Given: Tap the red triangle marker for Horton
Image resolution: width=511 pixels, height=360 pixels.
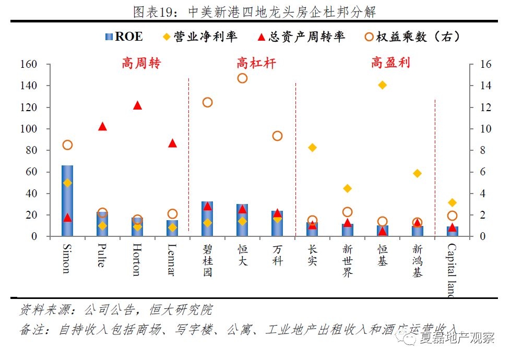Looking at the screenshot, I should click(x=137, y=105).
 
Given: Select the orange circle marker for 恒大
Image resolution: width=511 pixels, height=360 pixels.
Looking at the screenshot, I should click(x=242, y=78).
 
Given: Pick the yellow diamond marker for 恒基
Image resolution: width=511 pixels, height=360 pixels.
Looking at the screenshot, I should click(x=382, y=85).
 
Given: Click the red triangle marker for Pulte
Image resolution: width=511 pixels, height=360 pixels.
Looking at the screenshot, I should click(x=102, y=126).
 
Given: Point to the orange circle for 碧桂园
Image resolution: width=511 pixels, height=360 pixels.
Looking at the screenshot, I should click(x=207, y=102).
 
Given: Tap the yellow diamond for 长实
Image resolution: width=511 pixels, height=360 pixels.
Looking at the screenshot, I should click(x=312, y=148).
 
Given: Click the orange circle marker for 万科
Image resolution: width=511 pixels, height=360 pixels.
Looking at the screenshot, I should click(x=277, y=136).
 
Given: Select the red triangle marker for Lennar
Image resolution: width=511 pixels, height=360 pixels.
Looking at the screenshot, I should click(x=172, y=143).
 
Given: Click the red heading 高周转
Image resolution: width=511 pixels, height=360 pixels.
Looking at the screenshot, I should click(x=141, y=63).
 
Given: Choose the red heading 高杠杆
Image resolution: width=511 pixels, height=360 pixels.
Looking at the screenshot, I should click(x=256, y=63).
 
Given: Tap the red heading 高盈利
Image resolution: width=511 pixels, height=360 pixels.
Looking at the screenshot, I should click(x=390, y=63).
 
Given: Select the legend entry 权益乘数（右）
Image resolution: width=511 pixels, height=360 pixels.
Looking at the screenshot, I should click(x=412, y=37).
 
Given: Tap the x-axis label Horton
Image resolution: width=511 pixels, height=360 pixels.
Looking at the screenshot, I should click(x=136, y=259).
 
